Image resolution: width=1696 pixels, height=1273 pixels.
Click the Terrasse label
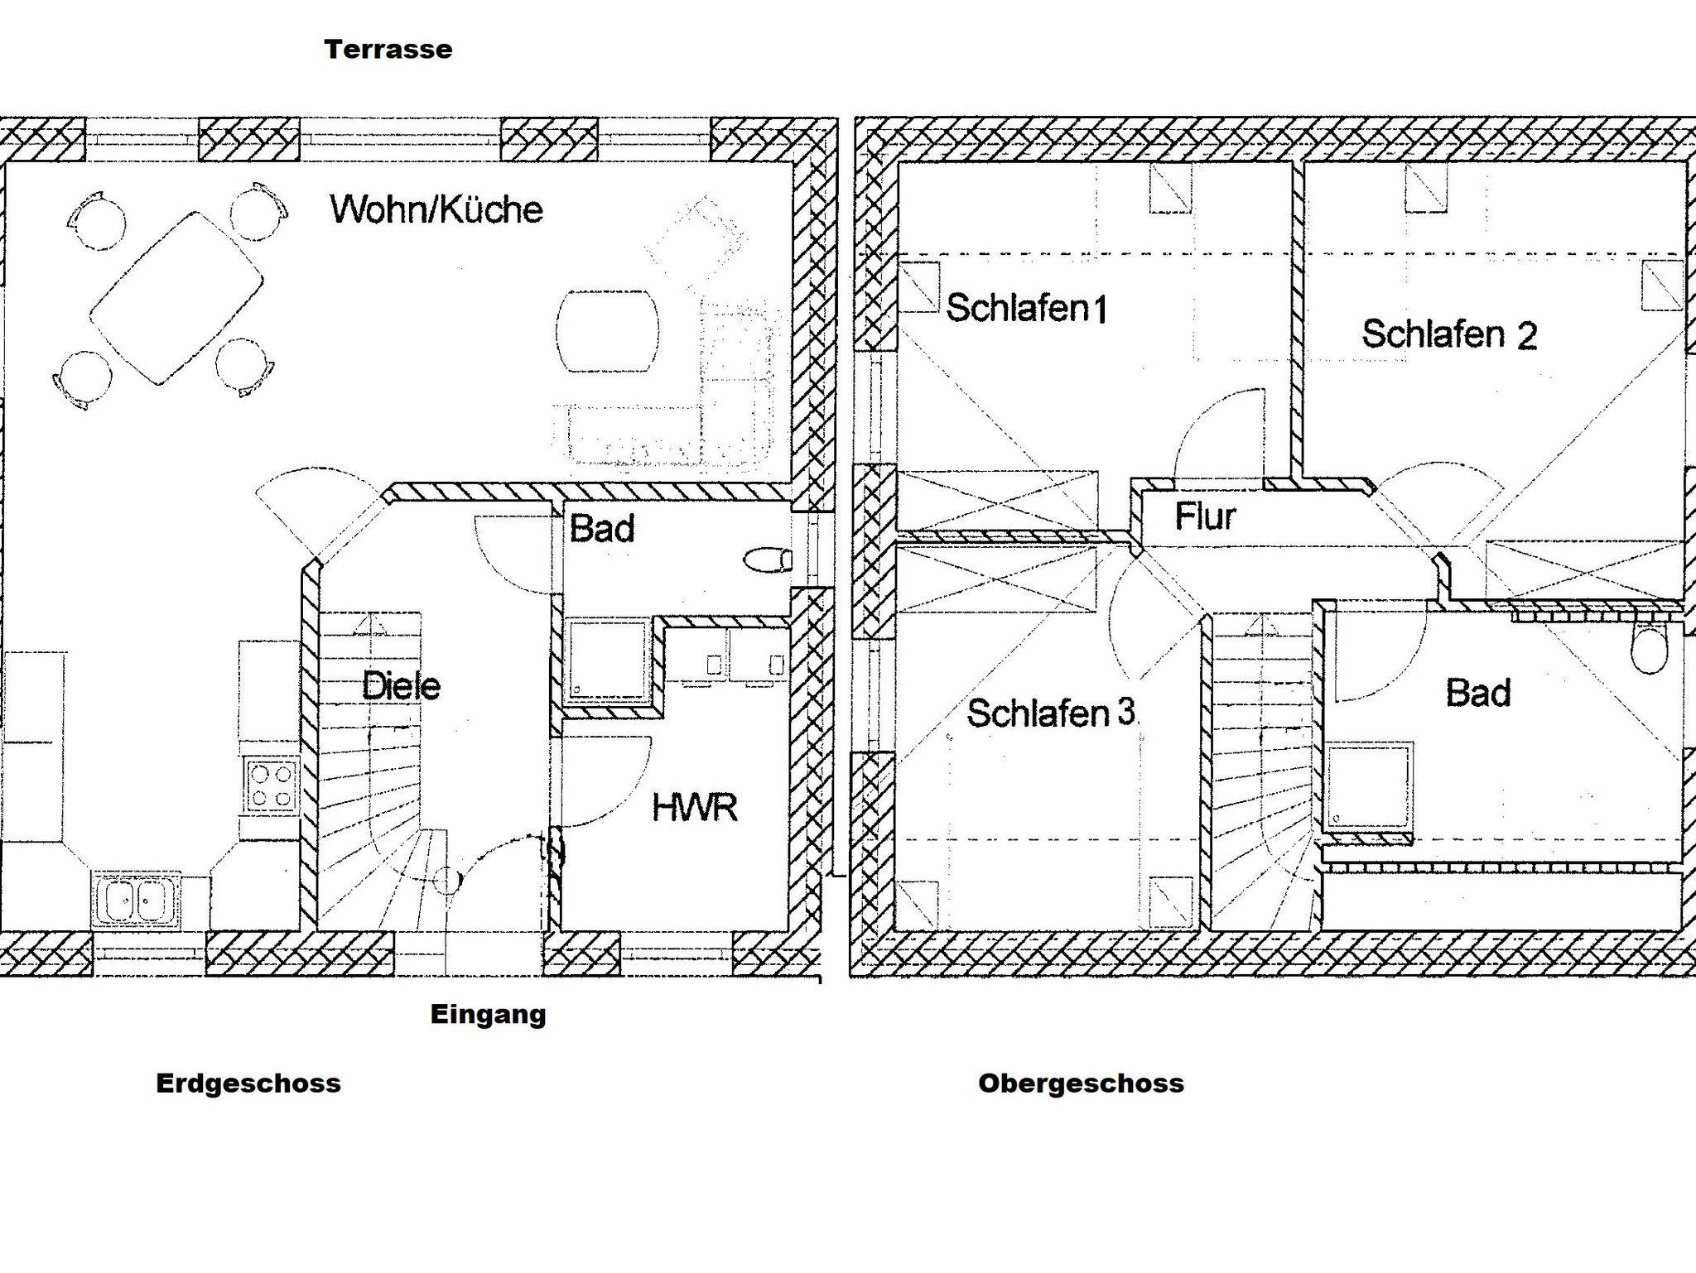[388, 50]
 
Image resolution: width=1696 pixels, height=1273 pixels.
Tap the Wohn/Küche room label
[436, 209]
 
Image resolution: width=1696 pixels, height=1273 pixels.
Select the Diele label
[401, 686]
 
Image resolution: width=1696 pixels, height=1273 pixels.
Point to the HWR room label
[694, 807]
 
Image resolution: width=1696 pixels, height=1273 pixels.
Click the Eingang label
[488, 1015]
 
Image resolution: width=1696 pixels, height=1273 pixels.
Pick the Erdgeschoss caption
[248, 1083]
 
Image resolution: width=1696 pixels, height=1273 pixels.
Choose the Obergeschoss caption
[1081, 1083]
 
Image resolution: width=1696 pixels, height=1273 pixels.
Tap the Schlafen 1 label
[1026, 309]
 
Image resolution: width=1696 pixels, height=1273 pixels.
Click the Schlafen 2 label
[1449, 334]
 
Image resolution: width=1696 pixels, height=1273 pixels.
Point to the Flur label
[1205, 516]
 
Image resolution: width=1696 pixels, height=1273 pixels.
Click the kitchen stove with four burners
[271, 785]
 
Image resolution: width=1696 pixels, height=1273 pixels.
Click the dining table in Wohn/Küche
[176, 298]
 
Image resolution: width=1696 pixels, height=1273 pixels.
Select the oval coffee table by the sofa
[608, 331]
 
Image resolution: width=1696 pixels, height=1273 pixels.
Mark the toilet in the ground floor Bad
[768, 560]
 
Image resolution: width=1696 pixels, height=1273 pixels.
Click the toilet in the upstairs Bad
[1648, 650]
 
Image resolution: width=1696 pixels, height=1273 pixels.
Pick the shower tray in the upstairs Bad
[1369, 787]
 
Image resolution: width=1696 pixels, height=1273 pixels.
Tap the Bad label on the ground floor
[602, 529]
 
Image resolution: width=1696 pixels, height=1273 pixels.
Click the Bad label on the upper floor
[1478, 693]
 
